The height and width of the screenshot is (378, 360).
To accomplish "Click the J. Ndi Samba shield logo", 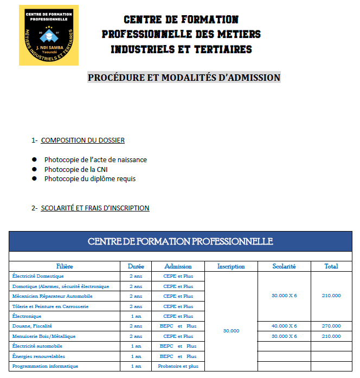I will point(48,35).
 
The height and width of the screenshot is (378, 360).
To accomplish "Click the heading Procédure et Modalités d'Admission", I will point(184,78).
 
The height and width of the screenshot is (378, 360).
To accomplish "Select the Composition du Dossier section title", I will point(82,140).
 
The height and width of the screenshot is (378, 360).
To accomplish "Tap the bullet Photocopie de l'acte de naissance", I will point(95,160).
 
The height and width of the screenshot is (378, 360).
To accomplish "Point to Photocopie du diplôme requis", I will point(90,178).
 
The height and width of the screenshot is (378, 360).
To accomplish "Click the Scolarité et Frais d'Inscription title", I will point(95,208).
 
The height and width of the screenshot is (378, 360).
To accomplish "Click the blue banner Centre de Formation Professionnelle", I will point(180,241).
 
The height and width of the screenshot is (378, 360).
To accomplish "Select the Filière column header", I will point(64,266).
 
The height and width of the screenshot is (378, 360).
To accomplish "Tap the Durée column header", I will point(136,266).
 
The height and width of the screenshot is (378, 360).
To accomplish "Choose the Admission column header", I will point(178,266).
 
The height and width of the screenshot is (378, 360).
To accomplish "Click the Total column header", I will point(331,266).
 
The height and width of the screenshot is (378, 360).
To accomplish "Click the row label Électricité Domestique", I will point(37,276).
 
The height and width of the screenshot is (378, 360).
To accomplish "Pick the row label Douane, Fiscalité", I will point(32,326).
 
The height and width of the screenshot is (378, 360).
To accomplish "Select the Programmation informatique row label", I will point(45,366).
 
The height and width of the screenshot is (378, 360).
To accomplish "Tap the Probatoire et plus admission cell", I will point(178,366).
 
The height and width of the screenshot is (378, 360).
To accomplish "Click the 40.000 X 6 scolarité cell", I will point(284,326).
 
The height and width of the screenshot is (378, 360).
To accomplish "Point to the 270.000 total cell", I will point(331,326).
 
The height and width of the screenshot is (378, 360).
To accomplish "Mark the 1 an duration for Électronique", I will point(136,316).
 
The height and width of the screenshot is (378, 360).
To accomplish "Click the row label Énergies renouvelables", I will point(38,356).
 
